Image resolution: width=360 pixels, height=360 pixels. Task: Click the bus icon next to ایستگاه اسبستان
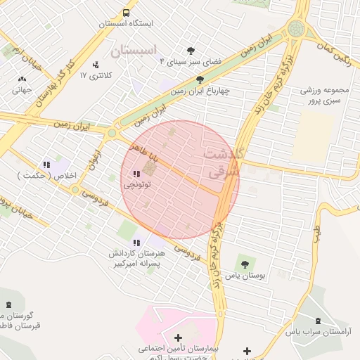point(127,13)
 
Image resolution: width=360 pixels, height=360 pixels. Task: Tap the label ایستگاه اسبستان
point(125,23)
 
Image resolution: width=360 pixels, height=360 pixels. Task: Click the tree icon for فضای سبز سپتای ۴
point(191,51)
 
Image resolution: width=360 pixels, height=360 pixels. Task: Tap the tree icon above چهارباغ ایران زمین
point(200,79)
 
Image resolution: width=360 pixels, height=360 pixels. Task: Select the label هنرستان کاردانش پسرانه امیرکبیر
point(137,258)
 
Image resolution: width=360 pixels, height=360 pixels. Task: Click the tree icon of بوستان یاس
point(245,265)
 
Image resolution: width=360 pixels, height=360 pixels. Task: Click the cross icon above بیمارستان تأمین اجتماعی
point(178,338)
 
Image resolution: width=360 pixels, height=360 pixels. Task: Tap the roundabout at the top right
point(296,29)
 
